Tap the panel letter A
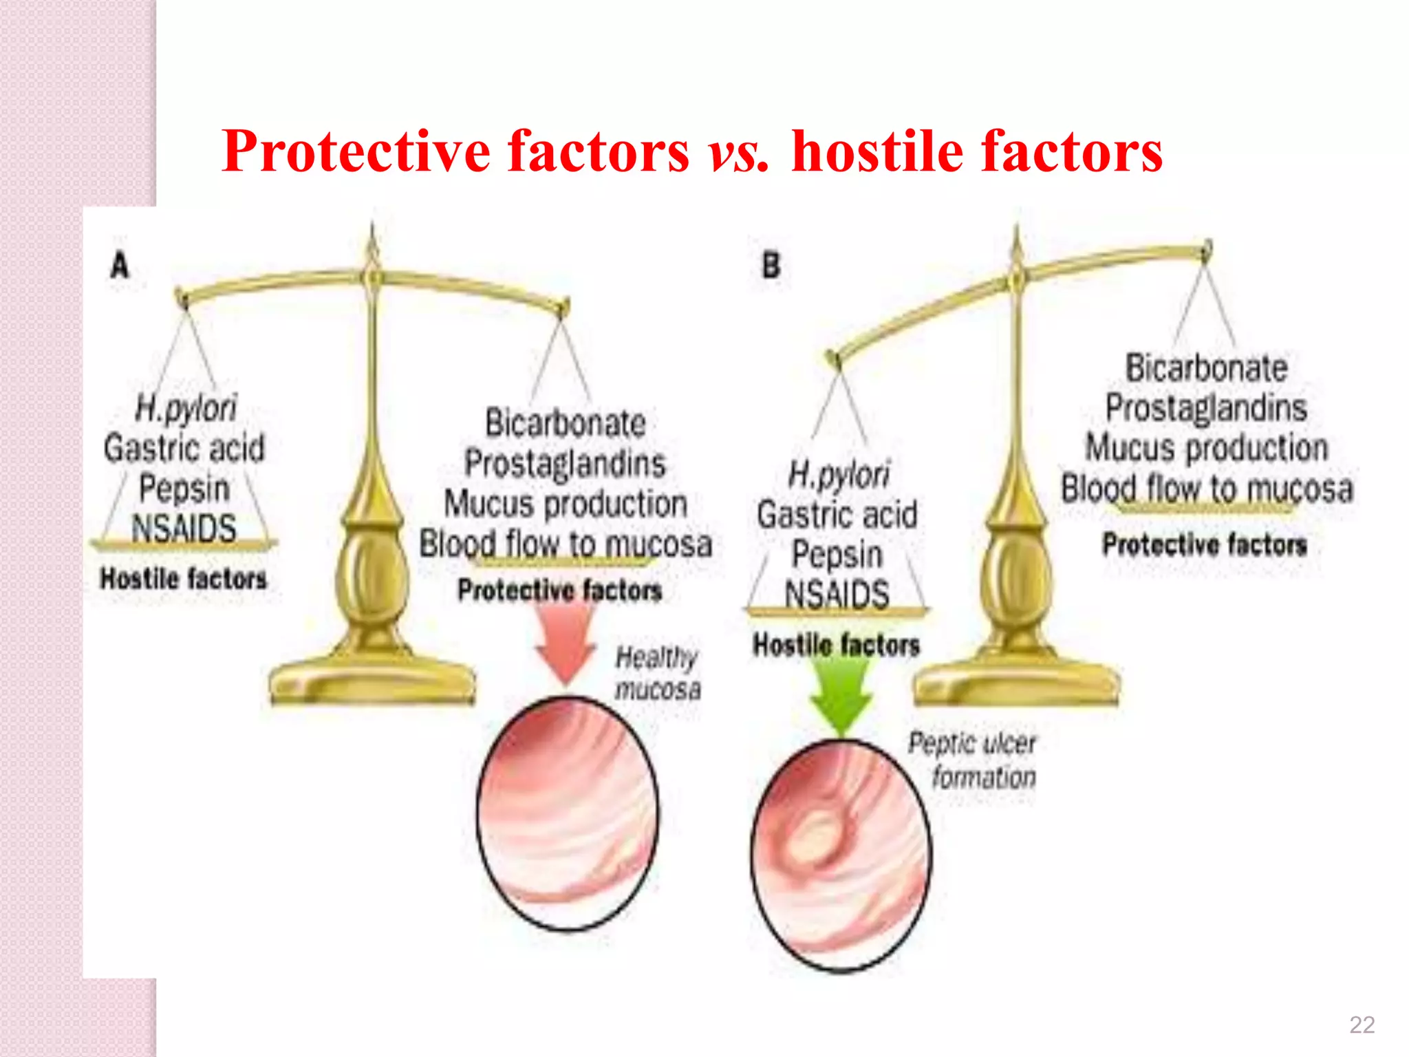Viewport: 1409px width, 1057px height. point(120,266)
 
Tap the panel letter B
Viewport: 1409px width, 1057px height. point(771,266)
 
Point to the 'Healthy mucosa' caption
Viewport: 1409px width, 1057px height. point(657,673)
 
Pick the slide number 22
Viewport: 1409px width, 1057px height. point(1362,1025)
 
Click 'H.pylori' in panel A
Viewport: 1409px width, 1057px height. point(186,409)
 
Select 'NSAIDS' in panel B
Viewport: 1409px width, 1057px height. point(837,593)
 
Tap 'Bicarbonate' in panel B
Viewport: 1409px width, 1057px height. point(1206,368)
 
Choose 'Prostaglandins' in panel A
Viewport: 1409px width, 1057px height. point(565,463)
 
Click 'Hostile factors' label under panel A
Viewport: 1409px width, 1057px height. point(183,579)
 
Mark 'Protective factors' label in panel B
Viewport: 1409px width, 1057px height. point(1204,545)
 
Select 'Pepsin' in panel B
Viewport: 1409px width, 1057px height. point(837,555)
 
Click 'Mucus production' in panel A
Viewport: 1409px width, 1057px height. point(565,504)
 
